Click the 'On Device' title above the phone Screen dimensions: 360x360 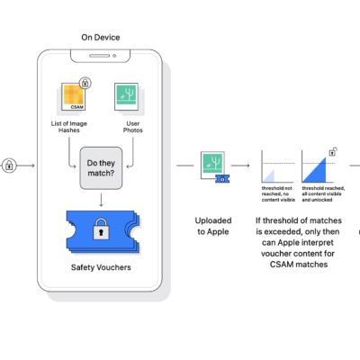[x=100, y=39]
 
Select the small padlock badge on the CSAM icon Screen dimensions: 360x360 [x=85, y=82]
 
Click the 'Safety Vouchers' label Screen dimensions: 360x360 [x=100, y=266]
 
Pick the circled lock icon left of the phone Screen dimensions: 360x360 [x=9, y=166]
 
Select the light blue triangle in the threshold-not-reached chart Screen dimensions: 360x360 [x=267, y=175]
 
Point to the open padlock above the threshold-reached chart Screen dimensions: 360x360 [x=333, y=150]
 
